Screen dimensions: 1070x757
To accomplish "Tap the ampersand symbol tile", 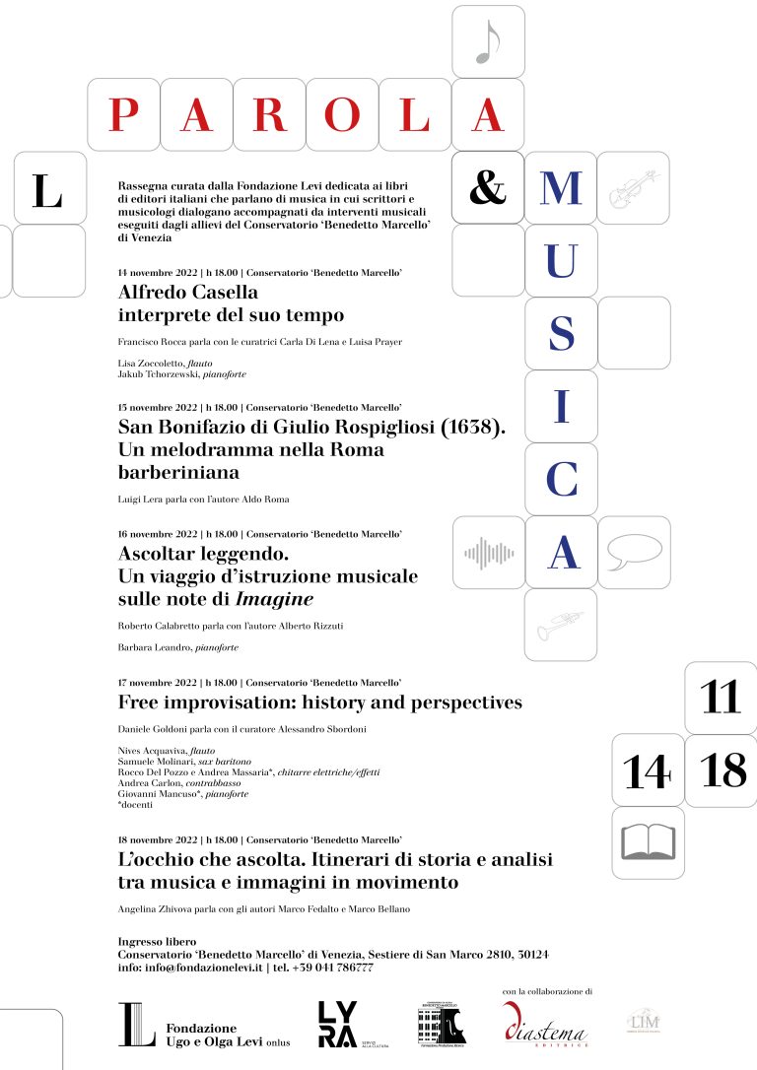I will point(488,187).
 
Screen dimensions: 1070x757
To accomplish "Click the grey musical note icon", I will point(488,42).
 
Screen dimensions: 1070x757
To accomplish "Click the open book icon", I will point(647,843).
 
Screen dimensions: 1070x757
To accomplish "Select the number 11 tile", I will point(721,698).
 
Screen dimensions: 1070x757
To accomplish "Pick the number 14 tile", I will point(647,770).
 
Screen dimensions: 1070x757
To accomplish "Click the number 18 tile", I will point(721,770).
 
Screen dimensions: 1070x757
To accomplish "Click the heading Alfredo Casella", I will point(187,292).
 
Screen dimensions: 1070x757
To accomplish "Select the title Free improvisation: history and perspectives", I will point(319,702).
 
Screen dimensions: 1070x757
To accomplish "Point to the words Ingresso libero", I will point(157,942).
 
